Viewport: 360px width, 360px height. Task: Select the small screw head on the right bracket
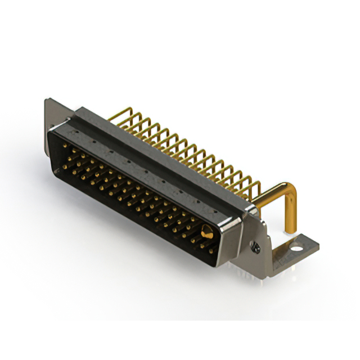(x=256, y=246)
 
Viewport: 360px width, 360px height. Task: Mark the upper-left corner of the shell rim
(x=51, y=130)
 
